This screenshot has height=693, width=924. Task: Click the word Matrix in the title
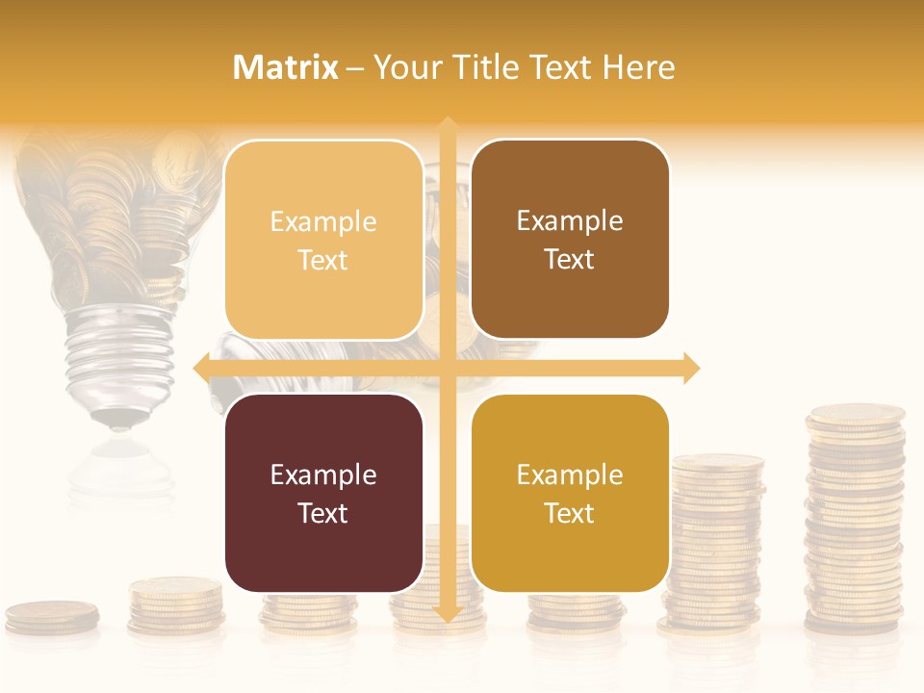coord(286,67)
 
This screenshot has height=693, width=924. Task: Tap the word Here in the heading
coord(638,67)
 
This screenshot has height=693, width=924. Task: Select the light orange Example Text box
coord(323,240)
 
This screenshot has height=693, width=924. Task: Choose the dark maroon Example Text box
coord(323,493)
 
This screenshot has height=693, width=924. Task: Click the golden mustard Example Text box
coord(570,493)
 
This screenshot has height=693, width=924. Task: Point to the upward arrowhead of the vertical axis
coord(448,126)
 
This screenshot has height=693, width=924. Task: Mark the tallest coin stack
coord(855,520)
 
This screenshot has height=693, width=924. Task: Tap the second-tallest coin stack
coord(718,544)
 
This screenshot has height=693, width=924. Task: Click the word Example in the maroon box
coord(323,475)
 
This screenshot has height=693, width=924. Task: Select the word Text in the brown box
coord(570,259)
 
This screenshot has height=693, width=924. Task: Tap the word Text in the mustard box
coord(570,513)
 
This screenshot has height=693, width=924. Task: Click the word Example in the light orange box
coord(323,221)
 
